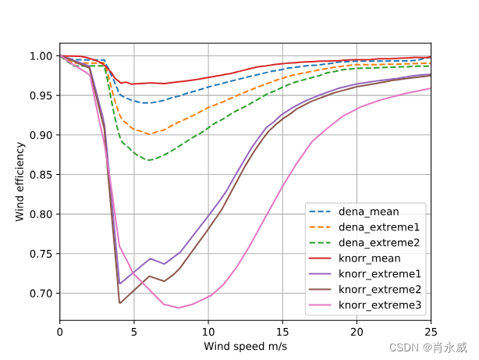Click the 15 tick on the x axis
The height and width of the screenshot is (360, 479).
[282, 331]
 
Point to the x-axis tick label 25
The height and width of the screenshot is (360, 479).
[430, 331]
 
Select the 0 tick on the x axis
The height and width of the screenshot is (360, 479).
[60, 331]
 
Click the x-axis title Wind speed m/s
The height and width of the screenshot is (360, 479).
[245, 345]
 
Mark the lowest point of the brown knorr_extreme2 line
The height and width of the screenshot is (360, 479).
[119, 303]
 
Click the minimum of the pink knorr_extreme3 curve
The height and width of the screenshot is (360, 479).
[179, 308]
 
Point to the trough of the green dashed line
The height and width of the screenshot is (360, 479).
[148, 160]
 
